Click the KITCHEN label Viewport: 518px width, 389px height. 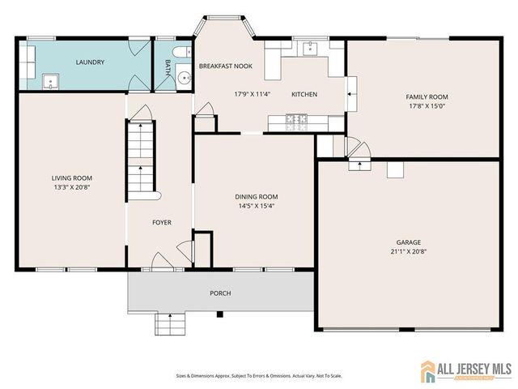click(x=304, y=95)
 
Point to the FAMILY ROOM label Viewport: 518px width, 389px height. click(x=427, y=96)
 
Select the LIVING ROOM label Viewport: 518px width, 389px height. click(x=72, y=178)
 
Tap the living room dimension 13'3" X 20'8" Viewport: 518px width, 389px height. click(x=72, y=186)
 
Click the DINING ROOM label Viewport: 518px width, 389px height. click(x=257, y=197)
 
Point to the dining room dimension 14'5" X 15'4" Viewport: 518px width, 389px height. click(x=257, y=205)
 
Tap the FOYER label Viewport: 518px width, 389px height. click(x=162, y=222)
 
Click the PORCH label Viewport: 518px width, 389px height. click(x=220, y=293)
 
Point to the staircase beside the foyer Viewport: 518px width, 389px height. click(x=141, y=158)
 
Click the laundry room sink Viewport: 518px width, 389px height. click(x=49, y=80)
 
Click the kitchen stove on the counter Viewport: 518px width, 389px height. click(x=297, y=122)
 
